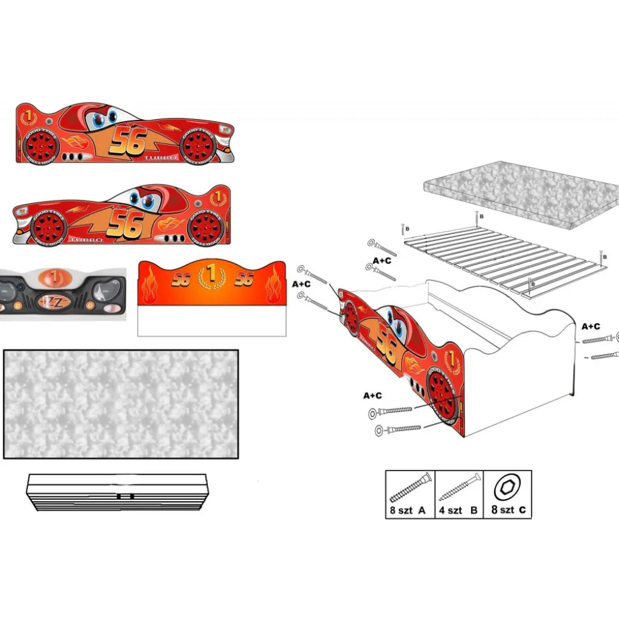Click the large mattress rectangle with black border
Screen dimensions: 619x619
click(121, 404)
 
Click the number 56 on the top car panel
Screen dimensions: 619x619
click(129, 142)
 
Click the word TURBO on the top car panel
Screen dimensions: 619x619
click(160, 157)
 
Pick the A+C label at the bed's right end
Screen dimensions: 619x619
click(590, 326)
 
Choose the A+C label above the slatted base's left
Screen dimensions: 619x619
click(382, 260)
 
